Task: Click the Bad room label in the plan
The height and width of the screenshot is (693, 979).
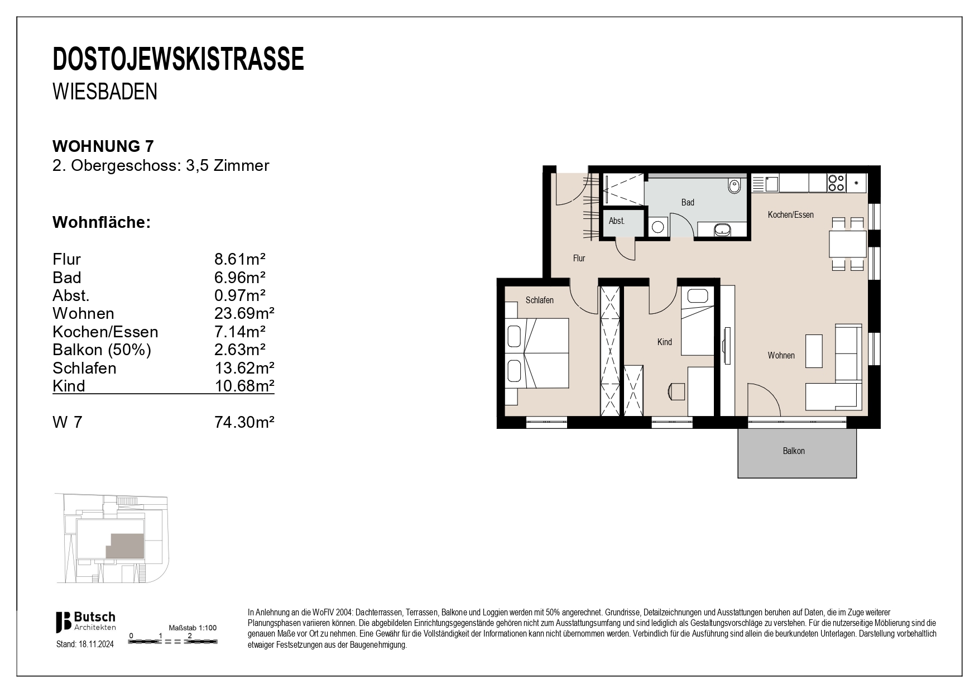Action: pyautogui.click(x=688, y=203)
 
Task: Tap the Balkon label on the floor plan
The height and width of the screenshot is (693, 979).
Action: pyautogui.click(x=794, y=451)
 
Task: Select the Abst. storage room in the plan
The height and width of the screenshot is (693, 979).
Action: pyautogui.click(x=617, y=221)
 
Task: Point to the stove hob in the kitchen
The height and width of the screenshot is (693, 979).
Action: pyautogui.click(x=836, y=183)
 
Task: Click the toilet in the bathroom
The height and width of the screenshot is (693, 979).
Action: pyautogui.click(x=734, y=186)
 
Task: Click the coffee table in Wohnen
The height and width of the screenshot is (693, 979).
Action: pyautogui.click(x=814, y=351)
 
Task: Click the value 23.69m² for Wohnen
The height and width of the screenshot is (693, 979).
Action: pyautogui.click(x=244, y=313)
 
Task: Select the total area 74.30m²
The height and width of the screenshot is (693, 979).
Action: pyautogui.click(x=244, y=422)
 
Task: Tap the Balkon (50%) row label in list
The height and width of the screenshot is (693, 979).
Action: pyautogui.click(x=102, y=350)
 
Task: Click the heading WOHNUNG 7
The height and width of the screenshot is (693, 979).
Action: pyautogui.click(x=103, y=146)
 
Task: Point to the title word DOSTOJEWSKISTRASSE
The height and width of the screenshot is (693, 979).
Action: pyautogui.click(x=178, y=60)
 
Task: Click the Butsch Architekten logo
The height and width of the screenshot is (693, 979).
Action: pyautogui.click(x=85, y=622)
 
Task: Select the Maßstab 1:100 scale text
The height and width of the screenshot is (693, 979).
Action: pyautogui.click(x=193, y=628)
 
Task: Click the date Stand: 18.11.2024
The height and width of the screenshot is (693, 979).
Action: pyautogui.click(x=85, y=644)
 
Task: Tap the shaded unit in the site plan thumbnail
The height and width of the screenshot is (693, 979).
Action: pyautogui.click(x=125, y=546)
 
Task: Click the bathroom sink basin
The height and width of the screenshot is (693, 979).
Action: pyautogui.click(x=723, y=229)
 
